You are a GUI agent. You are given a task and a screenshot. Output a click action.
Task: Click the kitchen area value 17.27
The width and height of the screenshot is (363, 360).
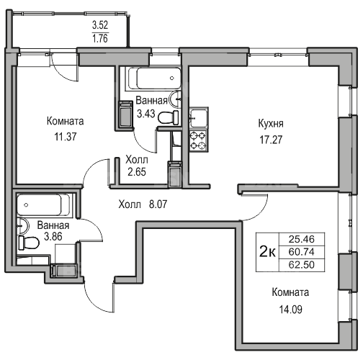(x=271, y=140)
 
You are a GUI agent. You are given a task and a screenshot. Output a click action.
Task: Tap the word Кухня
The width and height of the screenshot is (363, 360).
(x=271, y=124)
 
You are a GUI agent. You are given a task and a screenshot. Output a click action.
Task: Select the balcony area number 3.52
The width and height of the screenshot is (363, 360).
(x=100, y=25)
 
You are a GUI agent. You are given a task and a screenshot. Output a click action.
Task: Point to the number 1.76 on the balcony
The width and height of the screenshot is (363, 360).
(x=100, y=38)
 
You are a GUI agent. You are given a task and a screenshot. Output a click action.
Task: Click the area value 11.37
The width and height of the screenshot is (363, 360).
(x=66, y=137)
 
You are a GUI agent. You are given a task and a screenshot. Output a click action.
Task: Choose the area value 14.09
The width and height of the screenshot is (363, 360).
(x=290, y=310)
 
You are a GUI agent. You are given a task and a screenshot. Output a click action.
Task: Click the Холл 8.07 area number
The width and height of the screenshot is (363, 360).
(x=158, y=204)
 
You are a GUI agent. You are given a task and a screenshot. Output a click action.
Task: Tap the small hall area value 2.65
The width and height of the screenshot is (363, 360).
(x=137, y=172)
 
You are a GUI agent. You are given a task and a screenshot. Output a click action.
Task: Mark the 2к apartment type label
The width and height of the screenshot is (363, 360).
(x=267, y=252)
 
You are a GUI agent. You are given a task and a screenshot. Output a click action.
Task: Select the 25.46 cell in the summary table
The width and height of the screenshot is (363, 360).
(x=302, y=239)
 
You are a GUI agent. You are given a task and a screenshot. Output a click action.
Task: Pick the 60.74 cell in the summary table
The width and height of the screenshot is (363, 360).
(x=302, y=252)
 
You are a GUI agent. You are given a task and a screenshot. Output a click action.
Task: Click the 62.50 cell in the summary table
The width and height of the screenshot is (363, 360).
(x=302, y=265)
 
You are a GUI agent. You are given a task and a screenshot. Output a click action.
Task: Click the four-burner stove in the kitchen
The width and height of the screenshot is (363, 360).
(x=198, y=141)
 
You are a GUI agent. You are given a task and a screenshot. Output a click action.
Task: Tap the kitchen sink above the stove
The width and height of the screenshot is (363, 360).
(x=198, y=117)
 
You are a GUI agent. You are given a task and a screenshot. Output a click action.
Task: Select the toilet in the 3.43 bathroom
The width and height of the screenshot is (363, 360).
(x=168, y=117)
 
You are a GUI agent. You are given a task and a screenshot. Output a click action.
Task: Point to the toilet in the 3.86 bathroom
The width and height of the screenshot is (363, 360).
(x=29, y=243)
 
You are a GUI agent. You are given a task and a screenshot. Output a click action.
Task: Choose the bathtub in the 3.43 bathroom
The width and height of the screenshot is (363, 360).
(x=155, y=78)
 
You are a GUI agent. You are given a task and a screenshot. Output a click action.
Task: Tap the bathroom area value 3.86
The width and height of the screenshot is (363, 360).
(x=53, y=236)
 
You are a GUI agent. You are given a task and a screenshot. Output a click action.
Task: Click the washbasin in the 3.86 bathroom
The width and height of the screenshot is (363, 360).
(x=22, y=226)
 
